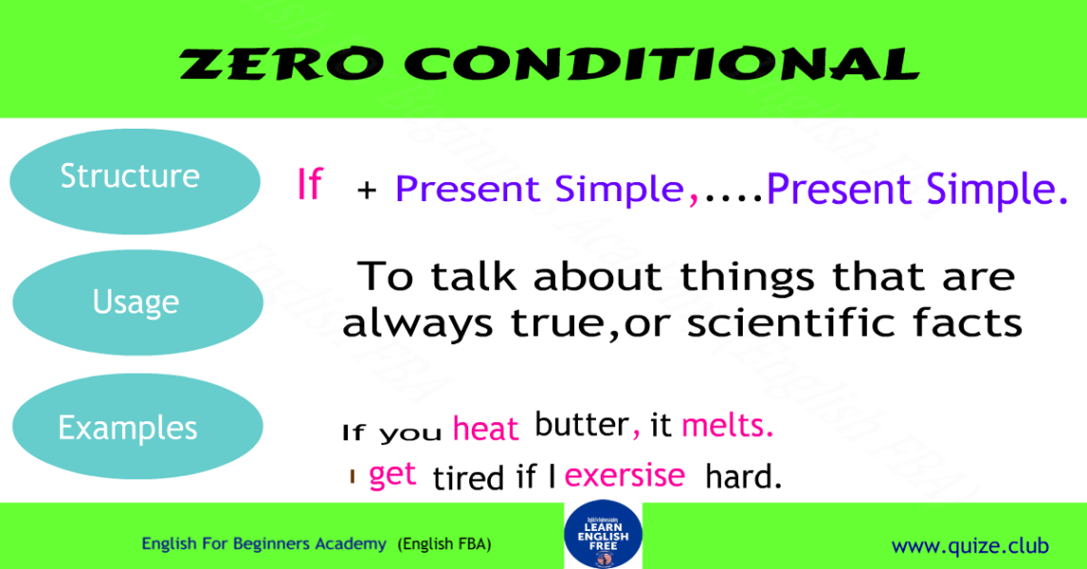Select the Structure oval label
click(131, 176)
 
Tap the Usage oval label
click(135, 302)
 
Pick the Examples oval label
click(128, 427)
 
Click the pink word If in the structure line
click(309, 185)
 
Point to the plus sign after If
click(367, 192)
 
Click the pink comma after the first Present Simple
click(693, 195)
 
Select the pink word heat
click(485, 429)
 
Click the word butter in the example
click(581, 425)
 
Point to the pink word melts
click(727, 426)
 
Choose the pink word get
click(393, 474)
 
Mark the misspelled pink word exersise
click(625, 475)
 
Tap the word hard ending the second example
click(743, 476)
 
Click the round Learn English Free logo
click(603, 537)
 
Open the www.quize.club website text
click(969, 546)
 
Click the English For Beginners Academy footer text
click(265, 544)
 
